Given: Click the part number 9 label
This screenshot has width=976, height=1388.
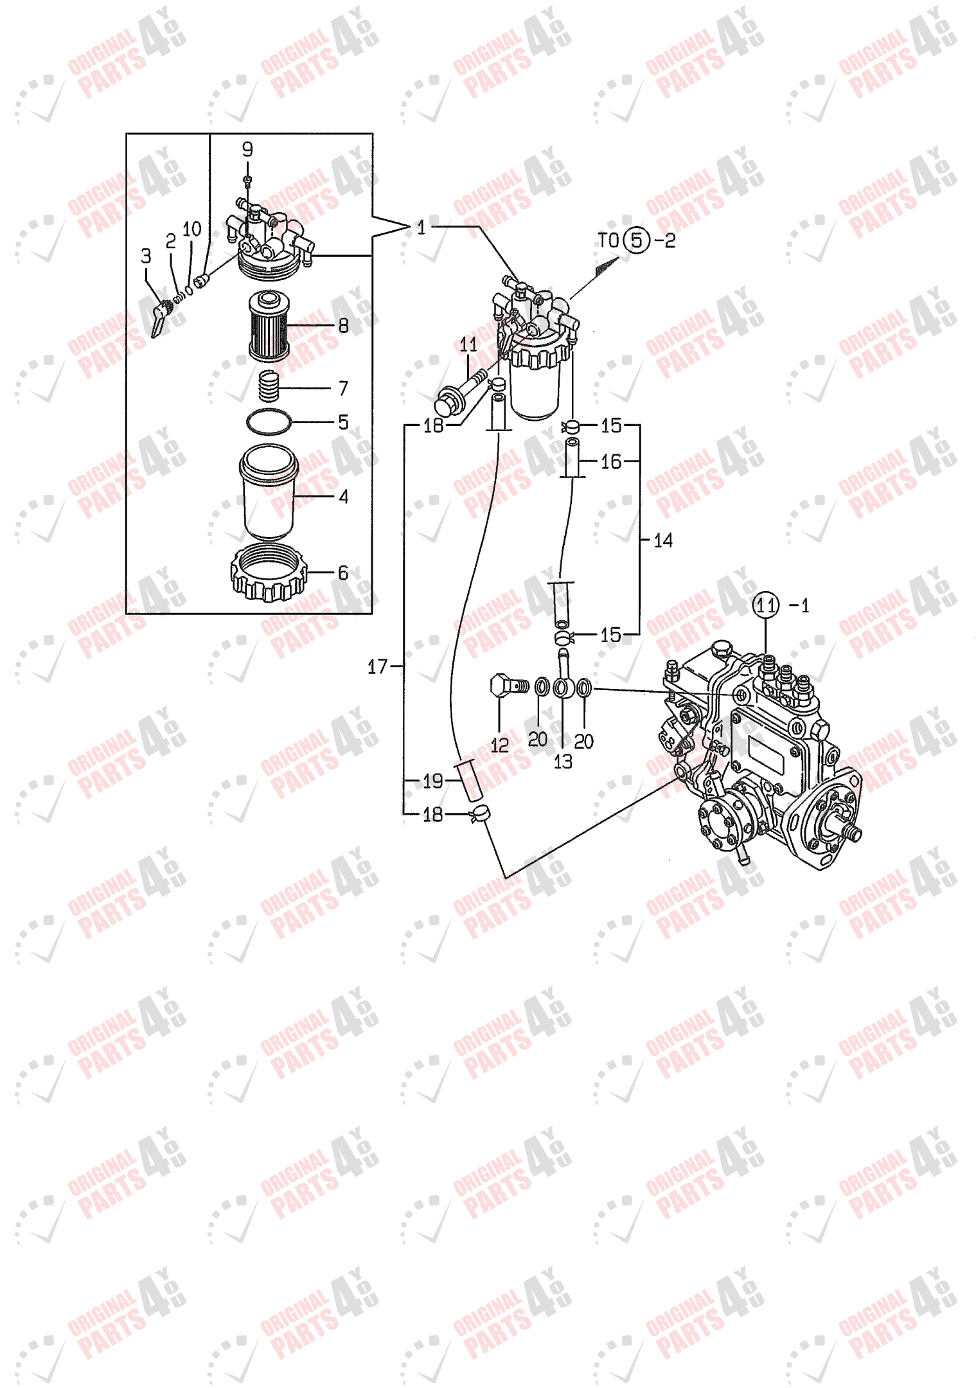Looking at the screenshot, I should (247, 150).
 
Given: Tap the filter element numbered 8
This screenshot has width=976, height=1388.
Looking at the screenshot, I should (269, 326).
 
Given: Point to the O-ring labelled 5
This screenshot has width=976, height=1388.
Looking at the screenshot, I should (269, 422).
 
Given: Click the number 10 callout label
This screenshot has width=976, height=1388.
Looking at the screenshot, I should (192, 229).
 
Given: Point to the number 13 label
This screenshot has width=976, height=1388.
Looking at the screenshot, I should (563, 761).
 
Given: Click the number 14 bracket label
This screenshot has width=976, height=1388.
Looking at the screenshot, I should (663, 540).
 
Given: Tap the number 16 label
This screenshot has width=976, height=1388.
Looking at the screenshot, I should (611, 461).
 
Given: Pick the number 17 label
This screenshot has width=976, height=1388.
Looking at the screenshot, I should (377, 667).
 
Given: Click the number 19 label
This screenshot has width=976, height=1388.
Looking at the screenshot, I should (432, 781).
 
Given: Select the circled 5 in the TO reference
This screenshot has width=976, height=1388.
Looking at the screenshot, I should (636, 240).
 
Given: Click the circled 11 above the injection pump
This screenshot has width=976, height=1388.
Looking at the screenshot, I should (765, 605).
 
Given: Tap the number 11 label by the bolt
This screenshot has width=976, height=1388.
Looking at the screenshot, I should (468, 345).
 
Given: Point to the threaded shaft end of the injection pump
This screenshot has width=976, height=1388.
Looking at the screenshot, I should (853, 833).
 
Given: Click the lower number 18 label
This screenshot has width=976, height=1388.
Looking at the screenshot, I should (432, 815).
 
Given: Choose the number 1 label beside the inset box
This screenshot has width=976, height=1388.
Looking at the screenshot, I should (421, 227).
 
